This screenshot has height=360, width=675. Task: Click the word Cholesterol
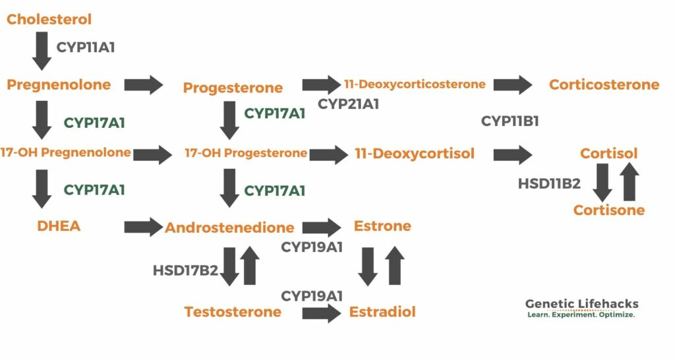point(49,19)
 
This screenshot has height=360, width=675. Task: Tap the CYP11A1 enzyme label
point(86,47)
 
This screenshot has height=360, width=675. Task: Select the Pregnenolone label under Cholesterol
point(59,84)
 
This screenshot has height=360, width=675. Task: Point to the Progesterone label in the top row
point(233,88)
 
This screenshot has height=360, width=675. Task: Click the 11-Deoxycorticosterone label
point(415,84)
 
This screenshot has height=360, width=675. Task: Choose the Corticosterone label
point(604,84)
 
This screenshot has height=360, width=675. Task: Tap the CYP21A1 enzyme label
point(348,104)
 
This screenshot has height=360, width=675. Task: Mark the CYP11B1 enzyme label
point(510,121)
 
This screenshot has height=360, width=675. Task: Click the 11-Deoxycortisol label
point(415,154)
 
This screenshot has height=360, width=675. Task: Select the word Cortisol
point(609,154)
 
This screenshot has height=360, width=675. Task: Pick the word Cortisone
point(608,210)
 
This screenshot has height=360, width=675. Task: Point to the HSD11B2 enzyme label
point(549,183)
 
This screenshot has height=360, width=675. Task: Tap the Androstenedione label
point(229,227)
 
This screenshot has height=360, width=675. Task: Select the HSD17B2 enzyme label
point(185,270)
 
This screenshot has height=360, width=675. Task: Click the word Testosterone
point(233,312)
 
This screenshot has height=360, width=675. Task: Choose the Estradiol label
point(382,312)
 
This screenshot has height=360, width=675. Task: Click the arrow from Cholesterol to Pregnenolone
point(42,51)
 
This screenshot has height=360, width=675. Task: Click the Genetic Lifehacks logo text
point(581,304)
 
